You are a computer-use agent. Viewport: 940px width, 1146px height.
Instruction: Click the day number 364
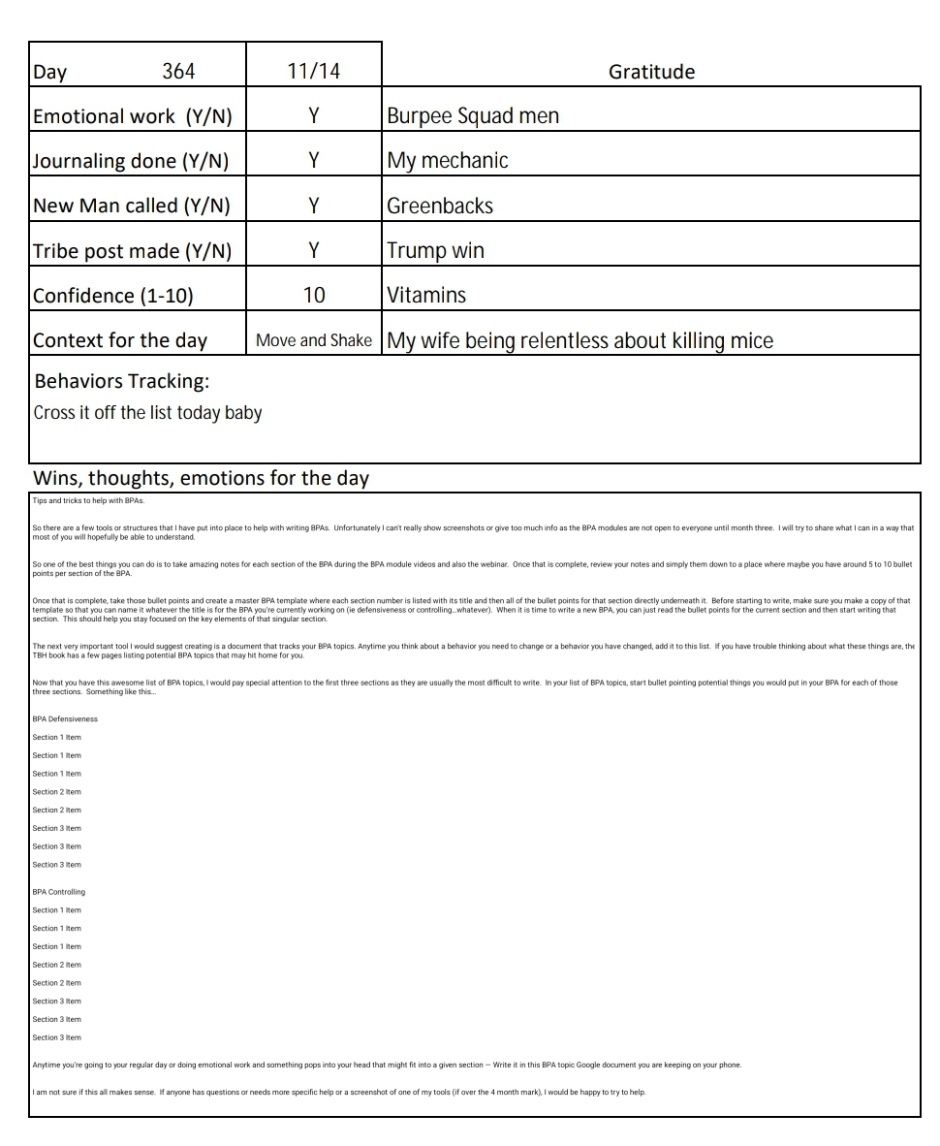[x=178, y=72]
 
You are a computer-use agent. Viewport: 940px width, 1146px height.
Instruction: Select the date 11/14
[x=314, y=72]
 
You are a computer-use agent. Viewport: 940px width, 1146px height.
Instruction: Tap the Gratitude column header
[x=651, y=72]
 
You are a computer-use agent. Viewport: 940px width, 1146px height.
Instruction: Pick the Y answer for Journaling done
[x=314, y=161]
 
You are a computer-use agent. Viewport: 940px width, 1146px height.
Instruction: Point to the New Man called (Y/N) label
[x=132, y=206]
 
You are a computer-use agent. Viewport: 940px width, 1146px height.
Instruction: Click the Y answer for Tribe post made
[x=314, y=250]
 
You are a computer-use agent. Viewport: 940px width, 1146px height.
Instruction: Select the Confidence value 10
[x=314, y=295]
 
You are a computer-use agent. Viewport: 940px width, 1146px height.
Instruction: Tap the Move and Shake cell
[x=314, y=340]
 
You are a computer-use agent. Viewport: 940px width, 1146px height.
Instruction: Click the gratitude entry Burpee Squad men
[x=473, y=116]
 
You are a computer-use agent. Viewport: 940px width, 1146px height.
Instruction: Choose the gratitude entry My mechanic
[x=448, y=161]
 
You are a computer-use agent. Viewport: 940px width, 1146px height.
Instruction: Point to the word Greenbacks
[x=440, y=206]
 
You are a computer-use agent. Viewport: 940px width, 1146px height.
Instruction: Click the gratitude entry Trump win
[x=435, y=250]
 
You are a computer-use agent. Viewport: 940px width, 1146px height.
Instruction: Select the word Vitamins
[x=426, y=295]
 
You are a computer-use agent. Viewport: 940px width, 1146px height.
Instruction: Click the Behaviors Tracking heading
[x=121, y=381]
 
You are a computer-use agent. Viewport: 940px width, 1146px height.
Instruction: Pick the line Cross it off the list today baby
[x=147, y=412]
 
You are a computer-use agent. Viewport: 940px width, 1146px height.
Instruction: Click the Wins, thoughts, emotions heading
[x=201, y=478]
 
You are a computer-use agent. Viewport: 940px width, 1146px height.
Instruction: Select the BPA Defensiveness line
[x=65, y=718]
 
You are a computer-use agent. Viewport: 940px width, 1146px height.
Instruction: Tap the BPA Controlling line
[x=59, y=892]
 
